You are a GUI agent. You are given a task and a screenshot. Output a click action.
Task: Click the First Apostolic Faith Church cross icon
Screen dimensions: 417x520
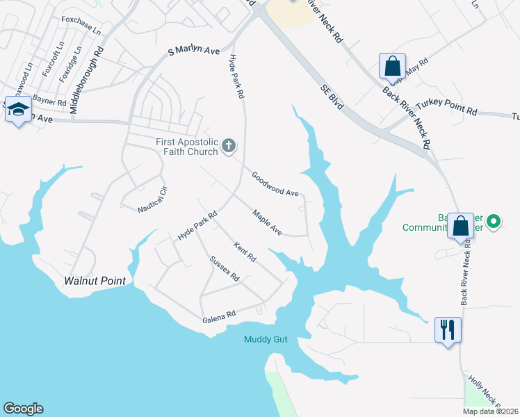pyautogui.click(x=228, y=147)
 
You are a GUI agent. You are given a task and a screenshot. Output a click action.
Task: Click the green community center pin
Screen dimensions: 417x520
pyautogui.click(x=494, y=222)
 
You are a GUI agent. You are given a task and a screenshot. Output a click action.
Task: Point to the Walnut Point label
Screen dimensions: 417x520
pyautogui.click(x=95, y=281)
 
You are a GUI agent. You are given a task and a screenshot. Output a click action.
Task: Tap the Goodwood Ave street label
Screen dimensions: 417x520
pyautogui.click(x=275, y=184)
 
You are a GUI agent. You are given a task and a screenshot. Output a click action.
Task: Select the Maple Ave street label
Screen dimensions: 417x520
pyautogui.click(x=267, y=222)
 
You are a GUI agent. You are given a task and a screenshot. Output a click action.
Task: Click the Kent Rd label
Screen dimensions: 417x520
pyautogui.click(x=245, y=252)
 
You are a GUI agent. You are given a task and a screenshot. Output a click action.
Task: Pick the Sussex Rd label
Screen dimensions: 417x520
pyautogui.click(x=224, y=269)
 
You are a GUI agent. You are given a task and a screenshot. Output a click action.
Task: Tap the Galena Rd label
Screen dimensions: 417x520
pyautogui.click(x=220, y=318)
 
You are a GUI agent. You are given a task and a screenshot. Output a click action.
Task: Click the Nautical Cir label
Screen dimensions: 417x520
pyautogui.click(x=154, y=199)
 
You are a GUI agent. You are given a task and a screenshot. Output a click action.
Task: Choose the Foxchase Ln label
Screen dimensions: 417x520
pyautogui.click(x=81, y=26)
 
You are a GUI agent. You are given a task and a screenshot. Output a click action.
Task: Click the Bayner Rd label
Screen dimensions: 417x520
pyautogui.click(x=49, y=103)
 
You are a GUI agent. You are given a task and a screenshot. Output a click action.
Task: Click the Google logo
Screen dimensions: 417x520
pyautogui.click(x=23, y=409)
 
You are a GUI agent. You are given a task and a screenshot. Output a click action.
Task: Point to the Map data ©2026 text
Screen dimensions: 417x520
pyautogui.click(x=491, y=411)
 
